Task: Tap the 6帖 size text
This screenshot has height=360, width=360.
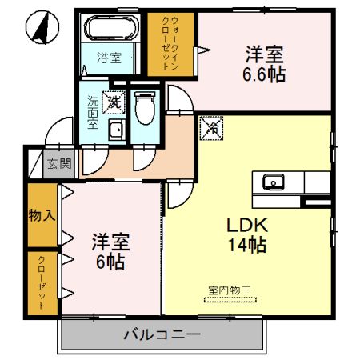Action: pyautogui.click(x=111, y=262)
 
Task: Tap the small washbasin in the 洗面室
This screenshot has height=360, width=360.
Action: pyautogui.click(x=114, y=131)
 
